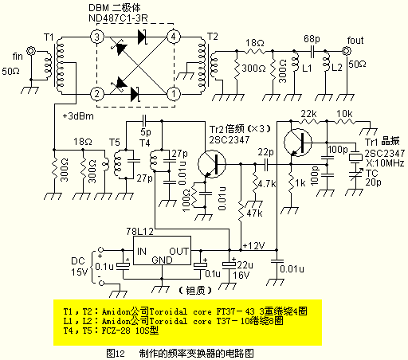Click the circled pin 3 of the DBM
pos(96,37)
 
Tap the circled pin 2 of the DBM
pos(96,94)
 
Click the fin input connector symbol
pos(32,53)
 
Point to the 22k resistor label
pos(308,115)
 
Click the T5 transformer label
pos(116,143)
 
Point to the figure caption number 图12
pos(116,351)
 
